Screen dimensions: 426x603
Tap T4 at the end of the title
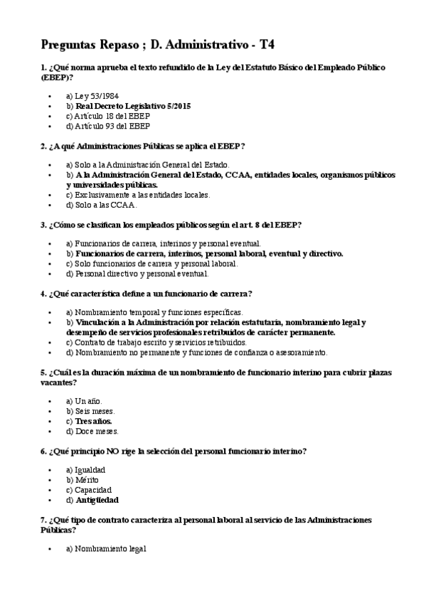267,45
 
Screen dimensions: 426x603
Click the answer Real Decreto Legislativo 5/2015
133,105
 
